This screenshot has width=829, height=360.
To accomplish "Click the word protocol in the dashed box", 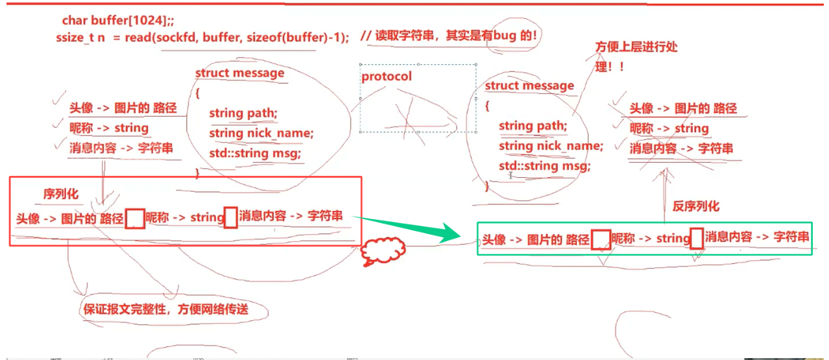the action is [387, 77].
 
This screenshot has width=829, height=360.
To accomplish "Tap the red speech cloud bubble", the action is [382, 251].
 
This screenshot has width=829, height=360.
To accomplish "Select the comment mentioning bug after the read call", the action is [448, 36].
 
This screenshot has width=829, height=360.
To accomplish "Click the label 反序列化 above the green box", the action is [695, 206].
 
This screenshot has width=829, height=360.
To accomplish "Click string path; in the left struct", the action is [243, 114].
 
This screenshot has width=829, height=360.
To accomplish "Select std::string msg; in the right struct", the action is [545, 166].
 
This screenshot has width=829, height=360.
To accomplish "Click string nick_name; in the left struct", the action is [261, 134].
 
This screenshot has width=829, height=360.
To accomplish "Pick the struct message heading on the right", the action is [529, 86].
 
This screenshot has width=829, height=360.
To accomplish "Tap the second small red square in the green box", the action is [697, 239].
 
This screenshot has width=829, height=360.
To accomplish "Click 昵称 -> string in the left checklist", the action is [108, 128].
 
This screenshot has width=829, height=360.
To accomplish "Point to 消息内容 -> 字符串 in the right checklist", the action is [681, 149].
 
